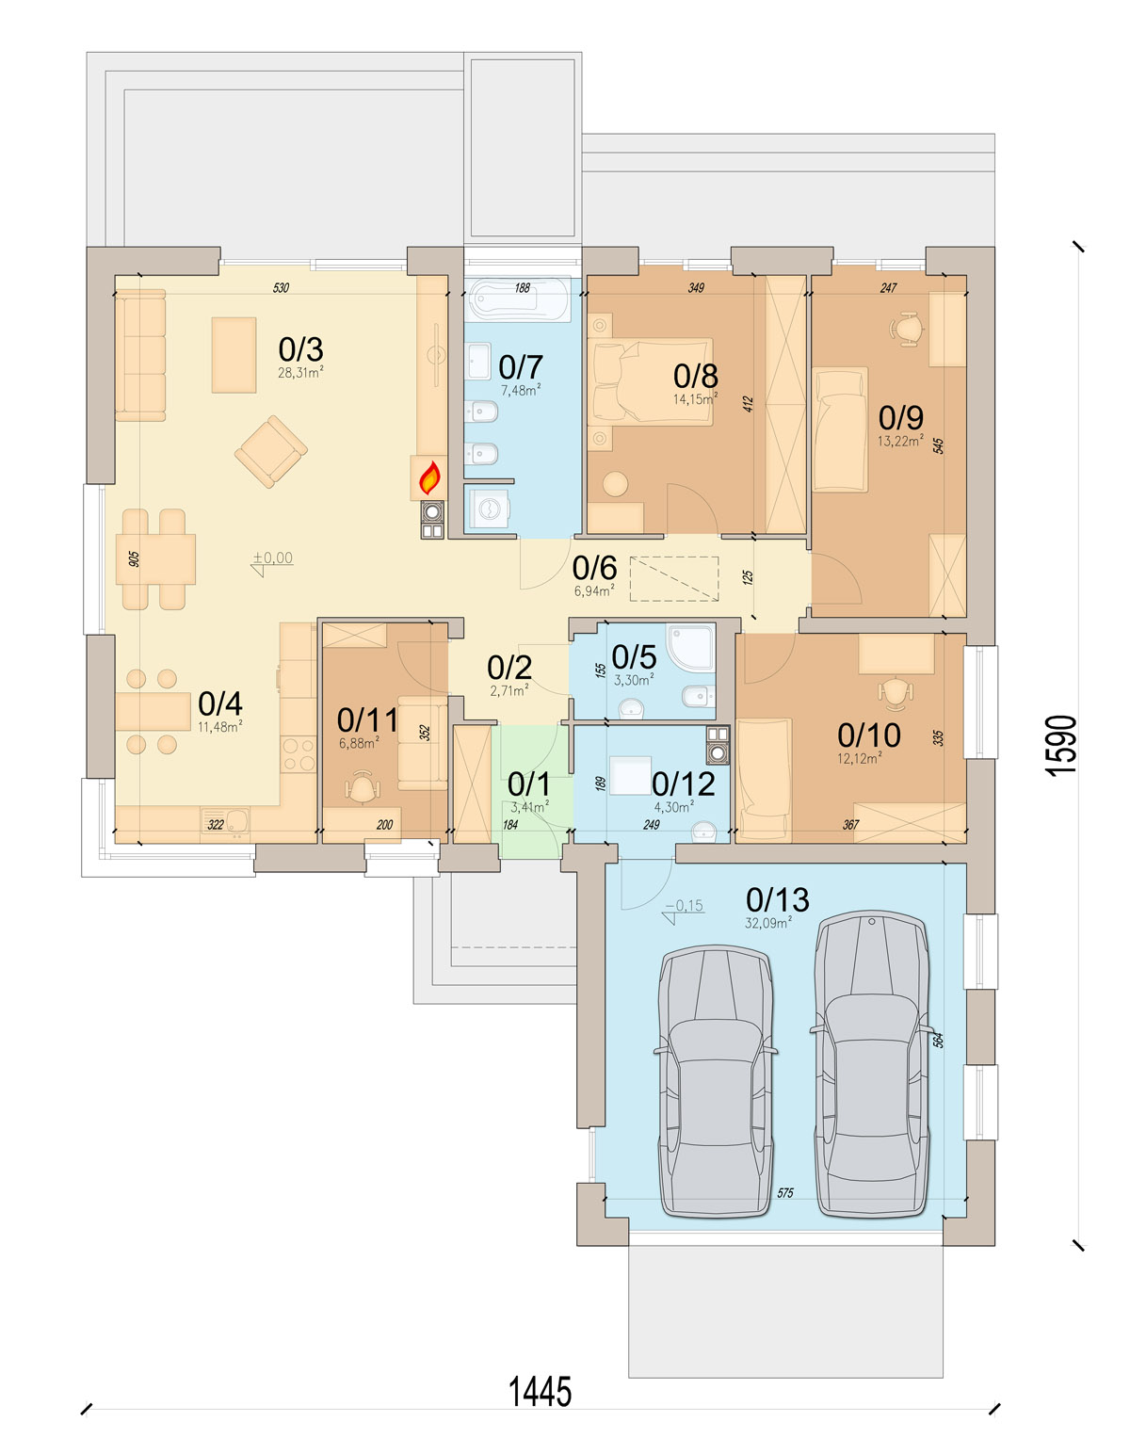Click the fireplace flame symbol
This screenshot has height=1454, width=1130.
click(x=428, y=477)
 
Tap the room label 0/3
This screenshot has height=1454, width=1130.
click(x=300, y=349)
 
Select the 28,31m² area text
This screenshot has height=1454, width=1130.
click(x=301, y=373)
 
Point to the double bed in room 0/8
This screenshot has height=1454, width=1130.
click(x=651, y=381)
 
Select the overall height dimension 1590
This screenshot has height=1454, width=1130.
click(x=1063, y=746)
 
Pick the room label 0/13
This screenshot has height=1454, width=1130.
click(x=778, y=900)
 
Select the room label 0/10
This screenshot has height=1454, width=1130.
click(x=869, y=735)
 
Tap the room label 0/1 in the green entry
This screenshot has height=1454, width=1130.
click(x=528, y=784)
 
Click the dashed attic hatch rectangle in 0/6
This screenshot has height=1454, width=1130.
click(x=674, y=578)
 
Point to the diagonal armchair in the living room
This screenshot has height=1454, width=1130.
click(x=271, y=451)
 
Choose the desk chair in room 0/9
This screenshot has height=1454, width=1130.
click(x=906, y=329)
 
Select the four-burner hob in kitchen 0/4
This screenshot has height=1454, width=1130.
click(x=299, y=754)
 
